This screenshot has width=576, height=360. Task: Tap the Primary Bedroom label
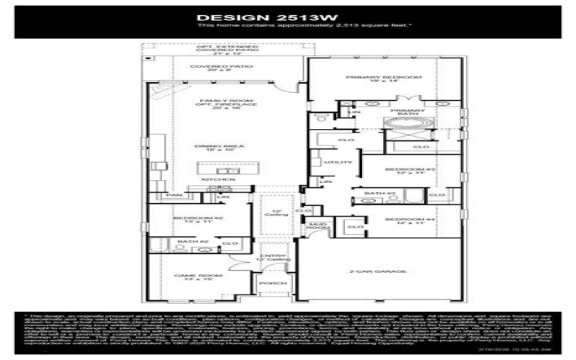pos(373,77)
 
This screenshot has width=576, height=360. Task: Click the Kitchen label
pos(219,179)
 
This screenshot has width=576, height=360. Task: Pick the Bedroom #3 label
pos(400,169)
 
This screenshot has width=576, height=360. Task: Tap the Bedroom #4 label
pos(400,220)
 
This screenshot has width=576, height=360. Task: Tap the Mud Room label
pos(317,227)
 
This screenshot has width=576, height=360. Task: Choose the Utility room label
pos(333,163)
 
